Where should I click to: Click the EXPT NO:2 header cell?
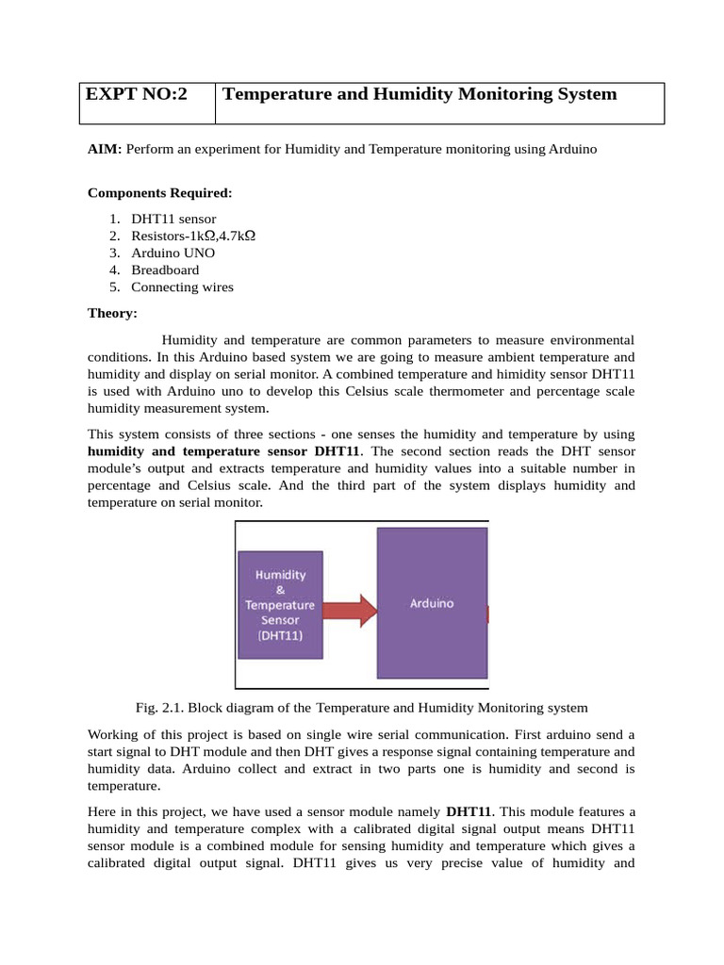click(x=137, y=94)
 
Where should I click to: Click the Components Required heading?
click(x=159, y=193)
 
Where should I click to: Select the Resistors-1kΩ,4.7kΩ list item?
click(x=193, y=237)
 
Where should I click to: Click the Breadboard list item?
click(x=165, y=270)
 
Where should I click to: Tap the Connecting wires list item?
click(x=182, y=287)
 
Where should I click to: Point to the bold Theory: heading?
click(x=112, y=314)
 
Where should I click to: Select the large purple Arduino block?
click(x=431, y=603)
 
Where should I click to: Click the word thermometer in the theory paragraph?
click(x=421, y=392)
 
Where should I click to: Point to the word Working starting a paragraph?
click(x=114, y=734)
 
